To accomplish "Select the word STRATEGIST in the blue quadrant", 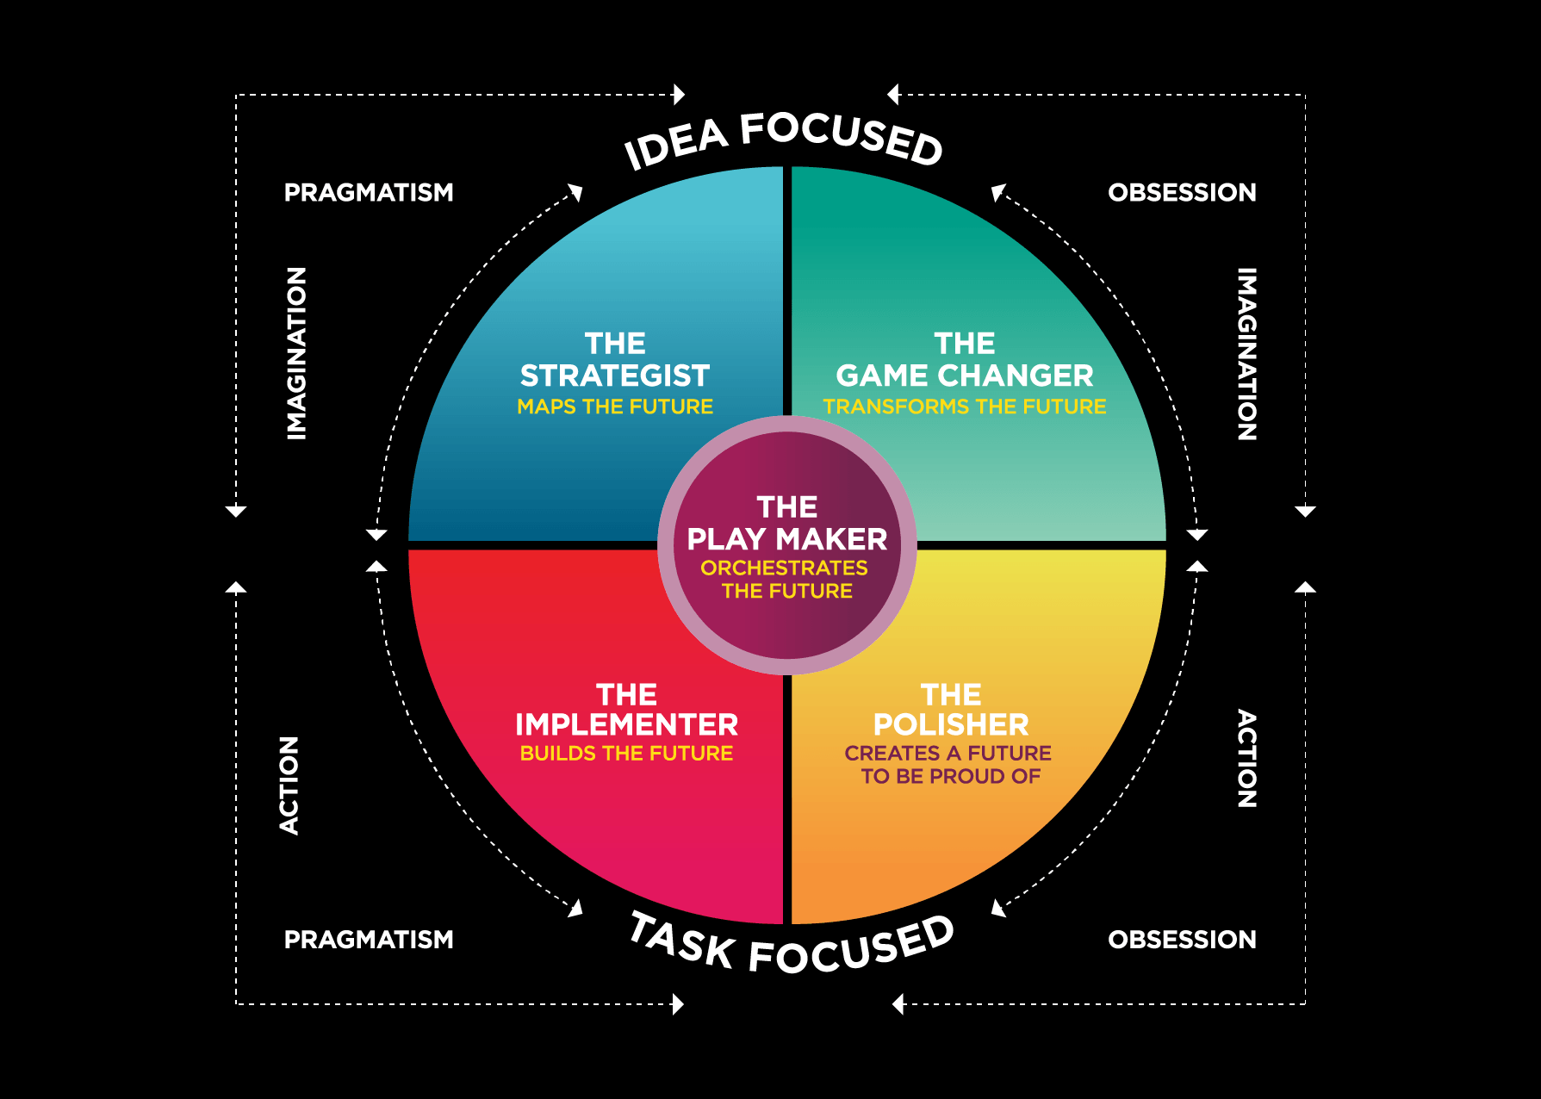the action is (615, 376).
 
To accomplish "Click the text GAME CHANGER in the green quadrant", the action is (964, 376).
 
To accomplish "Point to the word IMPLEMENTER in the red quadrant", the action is (626, 724).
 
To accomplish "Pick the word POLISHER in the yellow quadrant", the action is (951, 724).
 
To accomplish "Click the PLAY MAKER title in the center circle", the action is (787, 539).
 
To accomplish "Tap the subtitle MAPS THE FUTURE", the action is (615, 407).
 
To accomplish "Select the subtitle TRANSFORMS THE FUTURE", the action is (965, 407).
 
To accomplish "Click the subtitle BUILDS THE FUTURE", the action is (626, 754).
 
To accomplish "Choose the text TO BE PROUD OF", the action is (951, 777).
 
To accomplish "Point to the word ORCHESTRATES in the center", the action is (785, 568).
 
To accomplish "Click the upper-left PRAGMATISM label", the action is (369, 192).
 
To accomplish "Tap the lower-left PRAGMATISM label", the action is (369, 939).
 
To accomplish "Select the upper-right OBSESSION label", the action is (1182, 192).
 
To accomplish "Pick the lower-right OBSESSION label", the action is (1182, 939).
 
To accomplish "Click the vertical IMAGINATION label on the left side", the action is (297, 354).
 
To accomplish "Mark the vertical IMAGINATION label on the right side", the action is (1246, 354).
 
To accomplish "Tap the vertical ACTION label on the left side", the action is (289, 785).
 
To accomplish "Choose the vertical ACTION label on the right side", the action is (1246, 759).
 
